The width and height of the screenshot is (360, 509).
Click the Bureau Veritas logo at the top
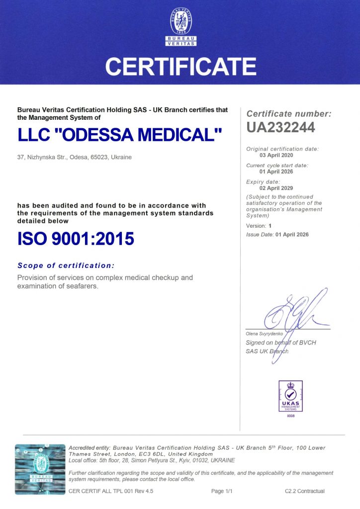coord(180,26)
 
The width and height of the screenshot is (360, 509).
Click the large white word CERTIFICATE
coord(180,66)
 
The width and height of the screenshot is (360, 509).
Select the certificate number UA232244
coord(280,128)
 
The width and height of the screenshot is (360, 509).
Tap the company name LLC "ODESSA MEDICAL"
coord(119,135)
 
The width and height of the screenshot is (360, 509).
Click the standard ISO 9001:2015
coord(76,239)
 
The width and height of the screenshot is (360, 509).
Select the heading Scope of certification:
coord(66,265)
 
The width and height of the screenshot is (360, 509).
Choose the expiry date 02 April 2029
coord(276,188)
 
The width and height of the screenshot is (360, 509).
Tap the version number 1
coord(271,226)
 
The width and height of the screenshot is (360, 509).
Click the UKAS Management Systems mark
coord(290,396)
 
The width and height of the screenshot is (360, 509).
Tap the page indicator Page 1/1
coord(222,491)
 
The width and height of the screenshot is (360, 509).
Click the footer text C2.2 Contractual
coord(304,491)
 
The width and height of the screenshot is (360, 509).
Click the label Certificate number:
coord(289,114)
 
